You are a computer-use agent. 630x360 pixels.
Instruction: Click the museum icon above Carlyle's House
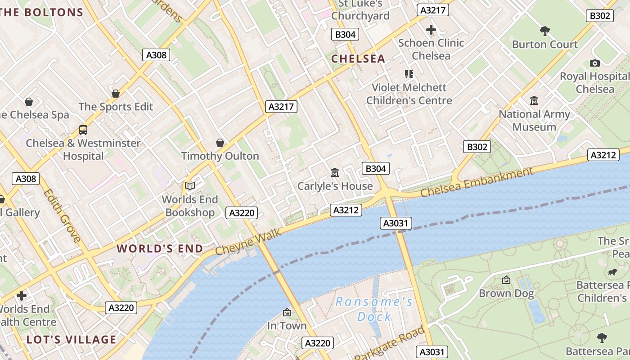coord(334,172)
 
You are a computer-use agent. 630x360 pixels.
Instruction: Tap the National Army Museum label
coord(534,121)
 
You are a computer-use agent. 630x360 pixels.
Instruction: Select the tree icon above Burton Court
coord(544,31)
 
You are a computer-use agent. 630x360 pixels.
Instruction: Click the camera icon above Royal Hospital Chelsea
coord(594,63)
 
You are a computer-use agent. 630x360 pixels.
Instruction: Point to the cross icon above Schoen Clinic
coord(431,30)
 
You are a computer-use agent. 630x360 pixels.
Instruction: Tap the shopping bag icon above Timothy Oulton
coord(220,143)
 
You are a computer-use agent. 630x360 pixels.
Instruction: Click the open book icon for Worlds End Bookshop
coord(190,186)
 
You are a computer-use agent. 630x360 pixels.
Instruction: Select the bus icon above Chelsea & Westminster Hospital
coord(83,130)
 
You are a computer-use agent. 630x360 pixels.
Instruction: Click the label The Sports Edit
coord(116,107)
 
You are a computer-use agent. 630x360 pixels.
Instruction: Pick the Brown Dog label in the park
coord(506,293)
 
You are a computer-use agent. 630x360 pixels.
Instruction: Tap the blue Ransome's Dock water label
coord(374,309)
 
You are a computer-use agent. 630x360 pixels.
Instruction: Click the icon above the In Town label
coord(287,312)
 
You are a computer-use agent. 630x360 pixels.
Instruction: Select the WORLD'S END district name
coord(160,248)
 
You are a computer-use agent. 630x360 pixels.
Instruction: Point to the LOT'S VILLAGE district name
coord(72,339)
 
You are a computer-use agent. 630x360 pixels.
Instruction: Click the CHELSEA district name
coord(358,58)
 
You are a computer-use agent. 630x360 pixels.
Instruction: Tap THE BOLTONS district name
coord(42,12)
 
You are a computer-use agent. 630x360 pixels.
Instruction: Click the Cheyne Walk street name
coord(248,242)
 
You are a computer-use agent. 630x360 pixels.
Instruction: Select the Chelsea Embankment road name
coord(477,182)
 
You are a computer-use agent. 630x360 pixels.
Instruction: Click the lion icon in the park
coord(612,272)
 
